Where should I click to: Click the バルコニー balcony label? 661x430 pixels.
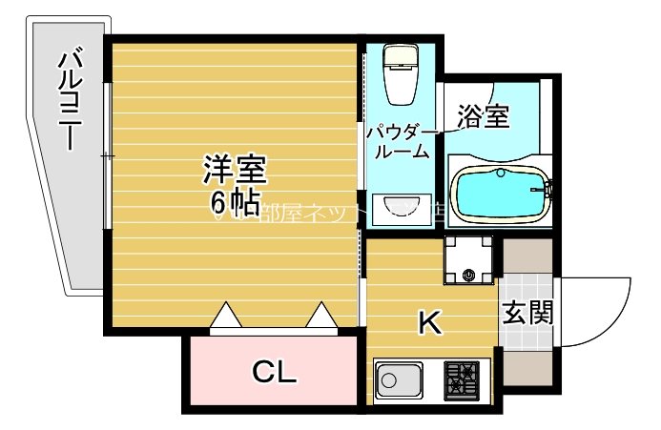pyautogui.click(x=69, y=101)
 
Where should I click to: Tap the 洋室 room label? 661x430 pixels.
pyautogui.click(x=235, y=170)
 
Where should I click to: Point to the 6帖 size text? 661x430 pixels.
pyautogui.click(x=235, y=203)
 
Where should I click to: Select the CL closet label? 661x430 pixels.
pyautogui.click(x=274, y=372)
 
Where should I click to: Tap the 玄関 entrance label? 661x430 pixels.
pyautogui.click(x=527, y=312)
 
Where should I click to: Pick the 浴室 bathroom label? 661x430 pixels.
pyautogui.click(x=483, y=116)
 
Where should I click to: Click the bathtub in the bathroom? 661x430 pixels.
pyautogui.click(x=498, y=194)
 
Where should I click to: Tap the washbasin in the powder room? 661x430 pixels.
pyautogui.click(x=402, y=208)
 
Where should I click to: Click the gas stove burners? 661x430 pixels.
pyautogui.click(x=465, y=380)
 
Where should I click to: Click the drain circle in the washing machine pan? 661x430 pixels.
pyautogui.click(x=469, y=276)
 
